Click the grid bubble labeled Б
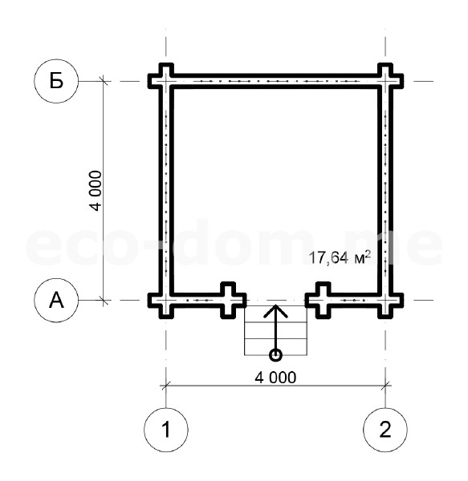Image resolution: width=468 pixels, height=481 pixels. pyautogui.click(x=56, y=81)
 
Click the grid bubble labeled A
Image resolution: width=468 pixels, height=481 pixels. pyautogui.click(x=56, y=300)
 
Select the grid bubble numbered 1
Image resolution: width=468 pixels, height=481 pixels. pyautogui.click(x=166, y=430)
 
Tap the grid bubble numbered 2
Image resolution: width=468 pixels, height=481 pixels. pyautogui.click(x=385, y=430)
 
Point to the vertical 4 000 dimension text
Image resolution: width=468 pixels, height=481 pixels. pyautogui.click(x=96, y=191)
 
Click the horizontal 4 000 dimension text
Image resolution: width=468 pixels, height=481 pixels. pyautogui.click(x=275, y=378)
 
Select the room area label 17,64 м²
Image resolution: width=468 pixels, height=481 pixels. pyautogui.click(x=340, y=257)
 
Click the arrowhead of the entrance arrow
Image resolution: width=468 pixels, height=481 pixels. pyautogui.click(x=276, y=310)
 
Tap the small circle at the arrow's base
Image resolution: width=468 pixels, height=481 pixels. pyautogui.click(x=275, y=355)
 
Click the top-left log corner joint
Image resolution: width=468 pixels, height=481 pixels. pyautogui.click(x=166, y=81)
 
